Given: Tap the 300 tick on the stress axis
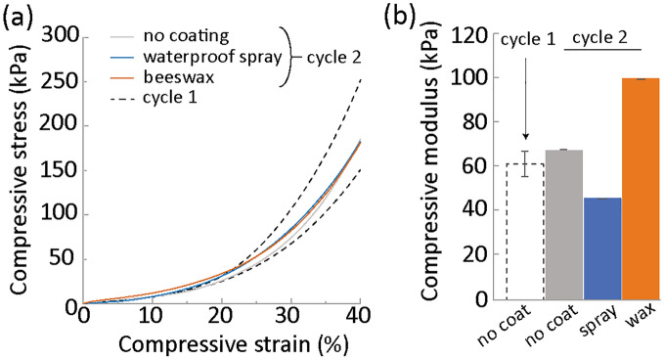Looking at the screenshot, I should point(61,36).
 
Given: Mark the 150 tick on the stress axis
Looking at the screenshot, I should point(61,169).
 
